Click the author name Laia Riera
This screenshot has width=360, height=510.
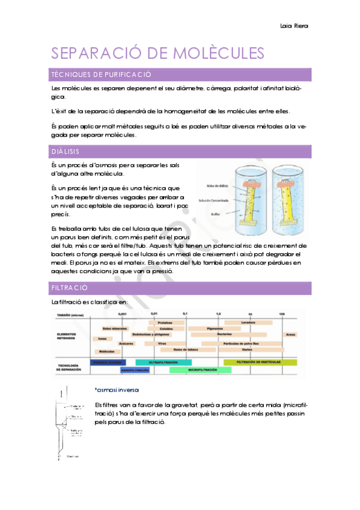pyautogui.click(x=294, y=26)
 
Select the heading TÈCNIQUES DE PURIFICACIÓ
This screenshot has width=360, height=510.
pyautogui.click(x=101, y=75)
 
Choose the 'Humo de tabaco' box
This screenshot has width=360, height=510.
pyautogui.click(x=186, y=349)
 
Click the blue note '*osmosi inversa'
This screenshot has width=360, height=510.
pyautogui.click(x=117, y=389)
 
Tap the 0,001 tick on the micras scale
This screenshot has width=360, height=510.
pyautogui.click(x=123, y=314)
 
